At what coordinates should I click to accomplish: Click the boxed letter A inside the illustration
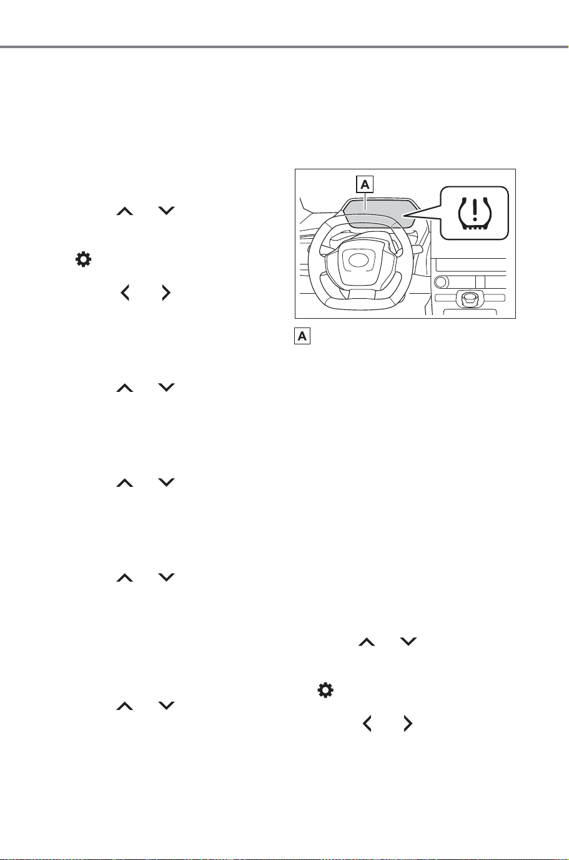[365, 184]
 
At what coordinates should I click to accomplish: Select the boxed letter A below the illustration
[302, 336]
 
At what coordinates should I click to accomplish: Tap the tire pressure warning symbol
[475, 213]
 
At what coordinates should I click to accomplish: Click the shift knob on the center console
[468, 299]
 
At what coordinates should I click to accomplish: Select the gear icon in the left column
[83, 259]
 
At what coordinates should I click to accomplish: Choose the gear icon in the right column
[325, 690]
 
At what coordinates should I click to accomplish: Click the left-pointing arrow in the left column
[125, 293]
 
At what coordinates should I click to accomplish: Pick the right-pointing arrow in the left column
[166, 293]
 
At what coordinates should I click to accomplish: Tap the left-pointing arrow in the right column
[367, 724]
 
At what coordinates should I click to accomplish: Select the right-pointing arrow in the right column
[408, 724]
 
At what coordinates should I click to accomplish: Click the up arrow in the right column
[367, 642]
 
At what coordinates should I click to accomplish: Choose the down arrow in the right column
[408, 641]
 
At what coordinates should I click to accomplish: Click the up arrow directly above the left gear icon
[125, 211]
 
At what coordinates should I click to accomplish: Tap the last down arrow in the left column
[166, 706]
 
